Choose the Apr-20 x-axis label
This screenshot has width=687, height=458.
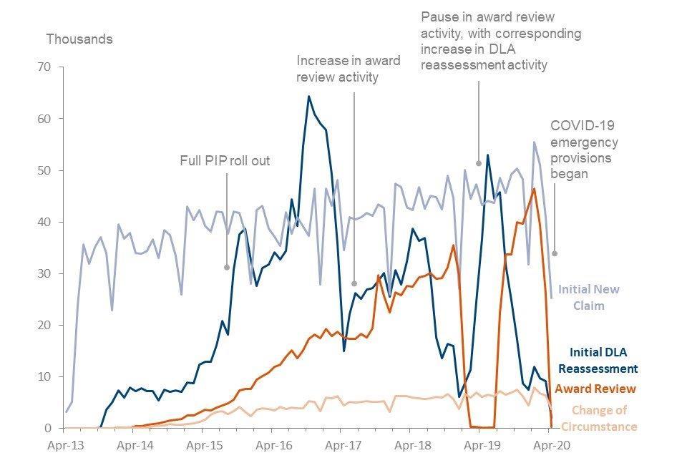[549, 444]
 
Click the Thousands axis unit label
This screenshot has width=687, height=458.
[79, 39]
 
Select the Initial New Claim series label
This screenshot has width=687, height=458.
[588, 298]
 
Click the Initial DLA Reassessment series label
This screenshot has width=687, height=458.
[603, 360]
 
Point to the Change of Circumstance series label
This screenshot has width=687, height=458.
[605, 418]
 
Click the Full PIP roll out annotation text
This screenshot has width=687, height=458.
[225, 160]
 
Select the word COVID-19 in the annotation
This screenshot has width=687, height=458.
[578, 125]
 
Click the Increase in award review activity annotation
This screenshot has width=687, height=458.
[348, 69]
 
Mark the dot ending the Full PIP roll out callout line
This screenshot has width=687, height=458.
[227, 268]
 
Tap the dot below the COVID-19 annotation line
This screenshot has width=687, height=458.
[554, 253]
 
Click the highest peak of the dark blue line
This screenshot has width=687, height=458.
[308, 96]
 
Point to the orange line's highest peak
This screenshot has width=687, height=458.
[534, 188]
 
